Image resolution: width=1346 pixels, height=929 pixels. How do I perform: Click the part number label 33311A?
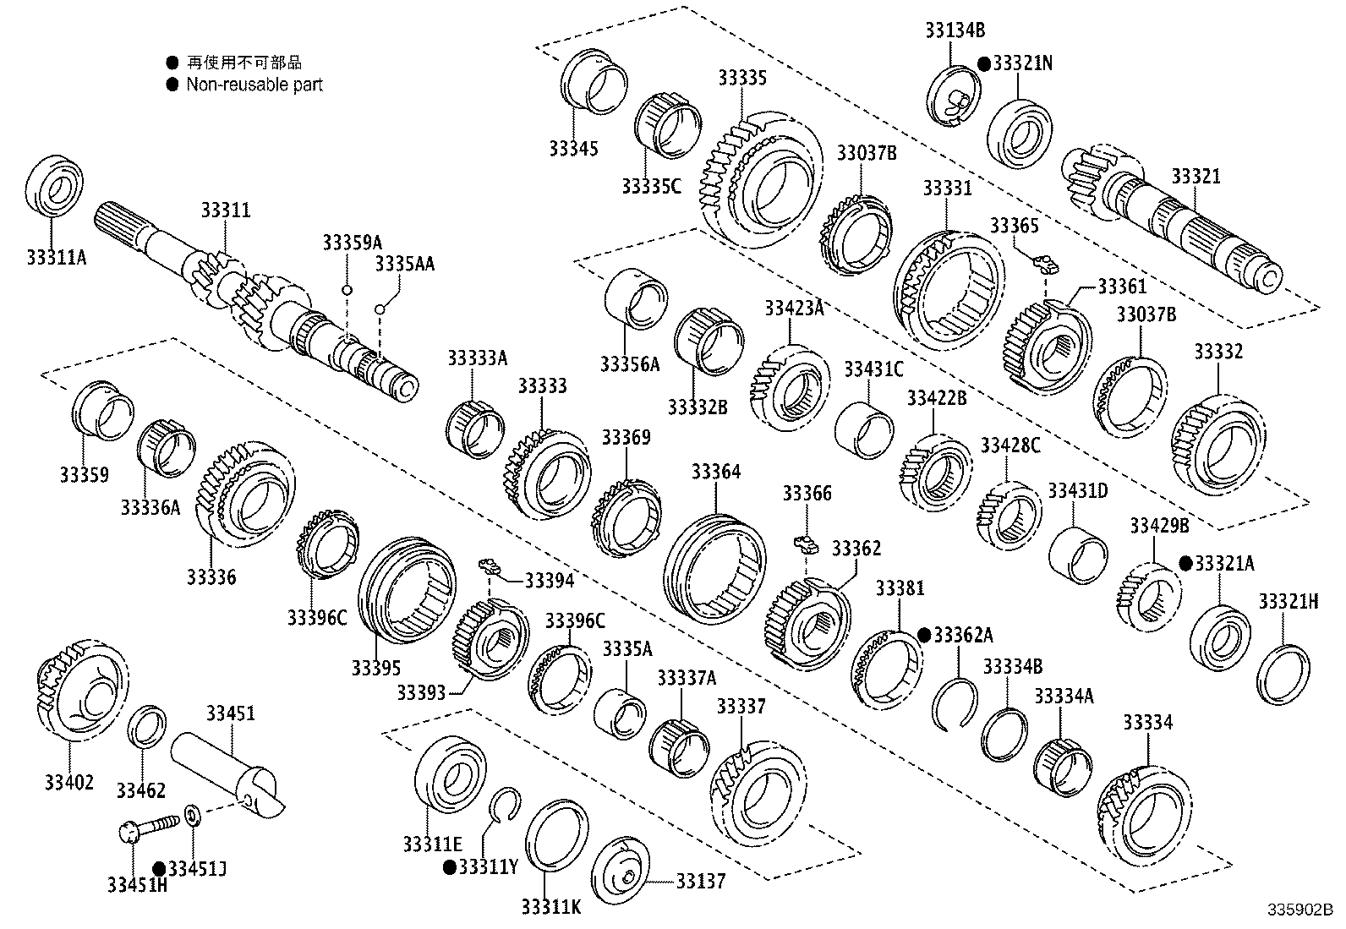click(56, 255)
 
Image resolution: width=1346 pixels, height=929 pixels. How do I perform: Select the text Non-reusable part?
click(254, 85)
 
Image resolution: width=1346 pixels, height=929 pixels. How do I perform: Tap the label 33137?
click(699, 881)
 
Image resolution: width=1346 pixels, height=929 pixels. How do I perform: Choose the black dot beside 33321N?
click(984, 63)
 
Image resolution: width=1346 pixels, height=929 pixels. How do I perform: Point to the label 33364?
click(715, 471)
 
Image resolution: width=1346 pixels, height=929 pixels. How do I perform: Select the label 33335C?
click(650, 186)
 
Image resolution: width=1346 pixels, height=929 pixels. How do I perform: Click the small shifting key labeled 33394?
click(489, 566)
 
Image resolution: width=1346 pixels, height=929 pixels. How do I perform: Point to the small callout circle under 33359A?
click(347, 290)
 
